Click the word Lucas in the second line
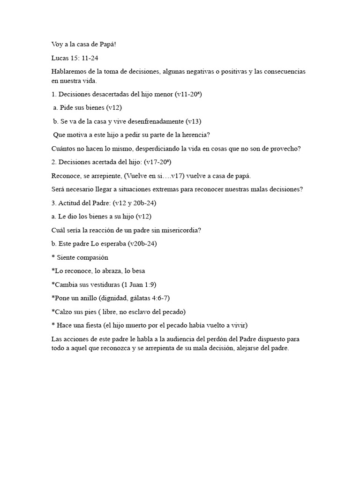click(60, 58)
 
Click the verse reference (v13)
click(194, 121)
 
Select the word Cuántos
click(63, 149)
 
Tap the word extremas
click(179, 189)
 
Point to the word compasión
click(92, 257)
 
